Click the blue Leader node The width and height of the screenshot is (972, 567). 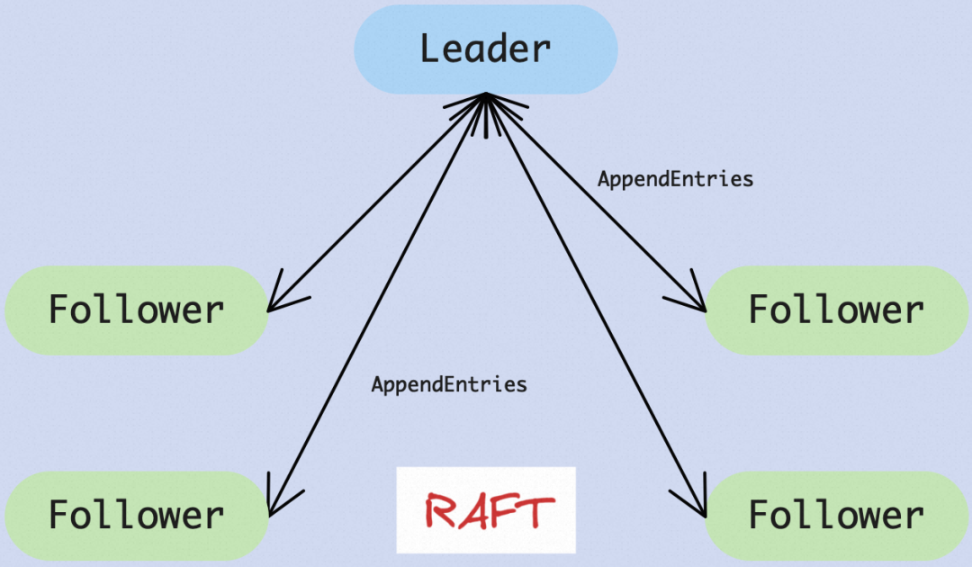(x=485, y=49)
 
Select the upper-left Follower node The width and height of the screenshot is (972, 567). (x=136, y=310)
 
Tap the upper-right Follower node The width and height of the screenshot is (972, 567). (x=836, y=310)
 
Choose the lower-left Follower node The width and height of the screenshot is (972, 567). (x=136, y=516)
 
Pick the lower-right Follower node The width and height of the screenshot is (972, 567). (x=836, y=516)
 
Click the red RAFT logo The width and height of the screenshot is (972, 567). (x=486, y=510)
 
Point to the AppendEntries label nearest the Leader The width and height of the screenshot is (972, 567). (x=675, y=179)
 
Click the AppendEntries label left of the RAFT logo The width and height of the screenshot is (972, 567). (x=449, y=385)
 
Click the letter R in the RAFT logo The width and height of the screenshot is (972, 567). (x=441, y=511)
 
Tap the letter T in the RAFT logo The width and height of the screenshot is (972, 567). (x=535, y=510)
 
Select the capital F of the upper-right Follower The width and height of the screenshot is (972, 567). (x=760, y=310)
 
